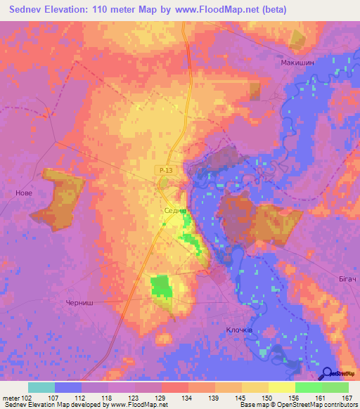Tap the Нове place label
[x=24, y=193]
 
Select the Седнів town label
[x=174, y=210]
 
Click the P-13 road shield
[x=165, y=170]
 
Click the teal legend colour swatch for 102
[x=41, y=387]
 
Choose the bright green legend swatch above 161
[x=309, y=387]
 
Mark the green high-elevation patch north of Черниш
[x=161, y=287]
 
